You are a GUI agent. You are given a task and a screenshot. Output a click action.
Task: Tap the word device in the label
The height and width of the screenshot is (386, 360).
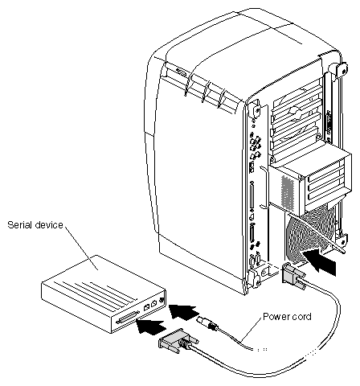point(50,224)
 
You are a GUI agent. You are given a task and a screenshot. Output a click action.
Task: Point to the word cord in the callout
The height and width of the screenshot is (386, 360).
point(301,317)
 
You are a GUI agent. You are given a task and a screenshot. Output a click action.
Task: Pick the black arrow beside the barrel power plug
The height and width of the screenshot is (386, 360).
point(184,311)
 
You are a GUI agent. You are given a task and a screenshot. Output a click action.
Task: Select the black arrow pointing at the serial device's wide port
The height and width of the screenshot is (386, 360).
point(151,326)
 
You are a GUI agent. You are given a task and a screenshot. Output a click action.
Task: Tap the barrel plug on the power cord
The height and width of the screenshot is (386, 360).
point(207,322)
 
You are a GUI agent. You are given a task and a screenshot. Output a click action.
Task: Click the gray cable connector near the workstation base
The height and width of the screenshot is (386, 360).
point(292,277)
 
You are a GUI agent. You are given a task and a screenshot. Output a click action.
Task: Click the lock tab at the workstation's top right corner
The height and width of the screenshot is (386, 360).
point(342,69)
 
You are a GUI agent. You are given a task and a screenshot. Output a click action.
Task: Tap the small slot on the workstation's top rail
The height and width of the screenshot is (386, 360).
point(180,72)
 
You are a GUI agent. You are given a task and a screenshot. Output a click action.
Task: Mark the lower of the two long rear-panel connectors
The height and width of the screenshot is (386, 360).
point(252,232)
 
